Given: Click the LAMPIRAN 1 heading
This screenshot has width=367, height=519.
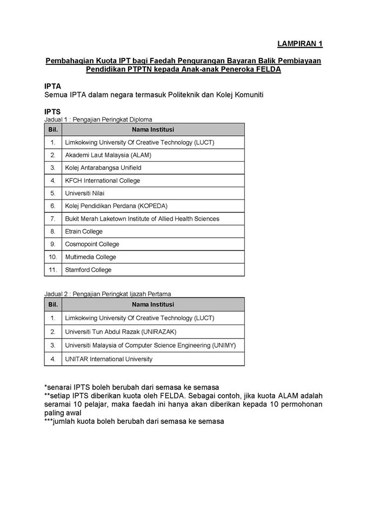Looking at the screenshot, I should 299,43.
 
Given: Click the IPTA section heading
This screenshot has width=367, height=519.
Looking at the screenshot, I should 52,86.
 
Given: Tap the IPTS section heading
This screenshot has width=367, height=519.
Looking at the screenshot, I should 52,112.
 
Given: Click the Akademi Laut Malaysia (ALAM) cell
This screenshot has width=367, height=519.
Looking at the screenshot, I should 108,155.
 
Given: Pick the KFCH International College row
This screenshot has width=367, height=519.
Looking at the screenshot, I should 102,181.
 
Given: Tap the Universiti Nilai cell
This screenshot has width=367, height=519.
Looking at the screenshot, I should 85,193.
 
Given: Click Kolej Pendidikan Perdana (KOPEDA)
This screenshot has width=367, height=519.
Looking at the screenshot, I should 116,206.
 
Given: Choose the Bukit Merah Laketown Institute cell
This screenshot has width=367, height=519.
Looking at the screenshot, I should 142,219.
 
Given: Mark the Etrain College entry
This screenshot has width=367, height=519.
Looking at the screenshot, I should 84,231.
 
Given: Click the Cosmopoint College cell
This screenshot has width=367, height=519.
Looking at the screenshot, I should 92,244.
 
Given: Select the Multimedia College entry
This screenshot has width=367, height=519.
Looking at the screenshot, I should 90,257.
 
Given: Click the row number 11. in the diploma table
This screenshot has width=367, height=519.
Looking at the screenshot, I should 53,270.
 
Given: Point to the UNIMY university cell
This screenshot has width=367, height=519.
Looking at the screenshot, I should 150,345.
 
